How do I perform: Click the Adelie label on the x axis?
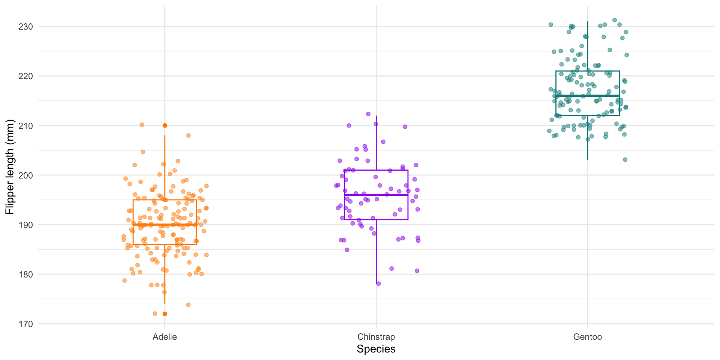pos(165,337)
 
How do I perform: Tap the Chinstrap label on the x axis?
pos(376,337)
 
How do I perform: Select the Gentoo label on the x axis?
pos(588,337)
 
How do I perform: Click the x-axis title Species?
pos(376,349)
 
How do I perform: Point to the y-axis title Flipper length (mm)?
pos(10,167)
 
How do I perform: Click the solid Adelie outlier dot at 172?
pos(165,314)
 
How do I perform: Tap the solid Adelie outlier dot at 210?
pos(165,126)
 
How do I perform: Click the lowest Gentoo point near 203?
pos(625,160)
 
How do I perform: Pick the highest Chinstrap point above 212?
pos(368,114)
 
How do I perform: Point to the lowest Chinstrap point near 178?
pos(378,283)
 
